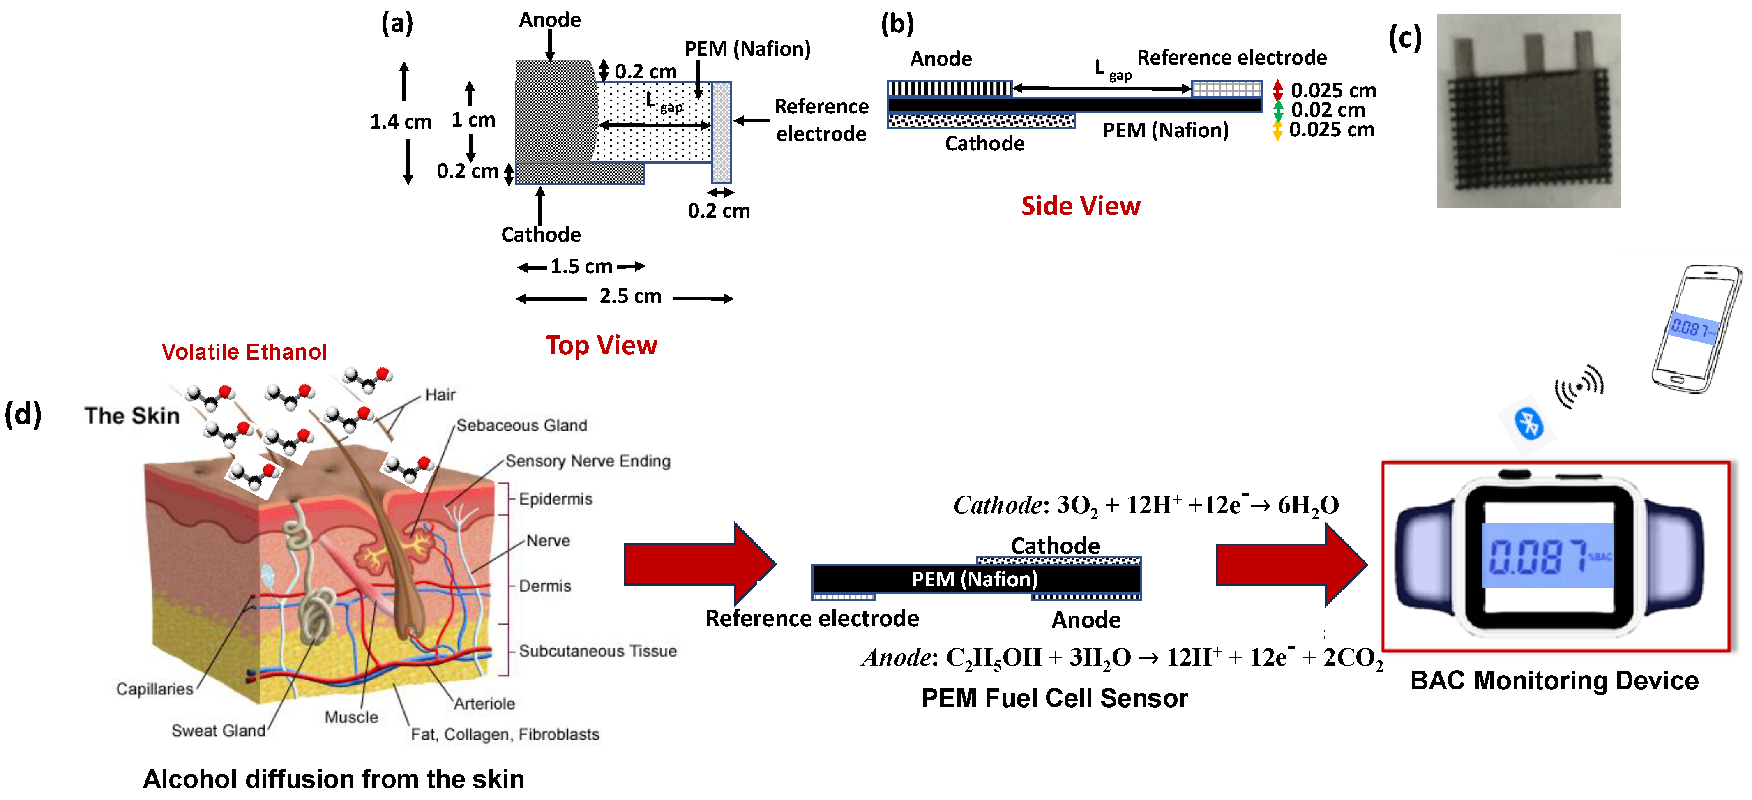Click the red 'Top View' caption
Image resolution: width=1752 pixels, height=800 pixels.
[x=601, y=346]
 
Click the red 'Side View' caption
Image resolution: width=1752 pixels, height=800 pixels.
[x=1080, y=206]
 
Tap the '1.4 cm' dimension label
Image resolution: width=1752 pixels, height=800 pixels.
[x=401, y=122]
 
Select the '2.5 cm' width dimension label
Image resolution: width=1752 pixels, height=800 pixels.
[x=630, y=297]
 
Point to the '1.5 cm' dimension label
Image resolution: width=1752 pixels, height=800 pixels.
[x=581, y=267]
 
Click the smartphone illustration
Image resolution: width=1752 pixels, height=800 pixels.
[x=1695, y=329]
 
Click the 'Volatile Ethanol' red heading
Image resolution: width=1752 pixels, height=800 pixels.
[x=244, y=352]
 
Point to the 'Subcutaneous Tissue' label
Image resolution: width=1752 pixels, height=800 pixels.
[x=597, y=651]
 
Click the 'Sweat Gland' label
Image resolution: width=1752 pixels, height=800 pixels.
[x=218, y=731]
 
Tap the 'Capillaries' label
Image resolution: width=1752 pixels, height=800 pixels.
[x=154, y=689]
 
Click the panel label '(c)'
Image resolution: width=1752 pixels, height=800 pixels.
[x=1404, y=39]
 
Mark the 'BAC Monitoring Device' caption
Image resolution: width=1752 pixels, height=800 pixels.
[x=1554, y=680]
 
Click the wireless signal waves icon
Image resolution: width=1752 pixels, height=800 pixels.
[x=1580, y=386]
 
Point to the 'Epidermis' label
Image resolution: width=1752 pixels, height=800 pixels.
[x=555, y=499]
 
